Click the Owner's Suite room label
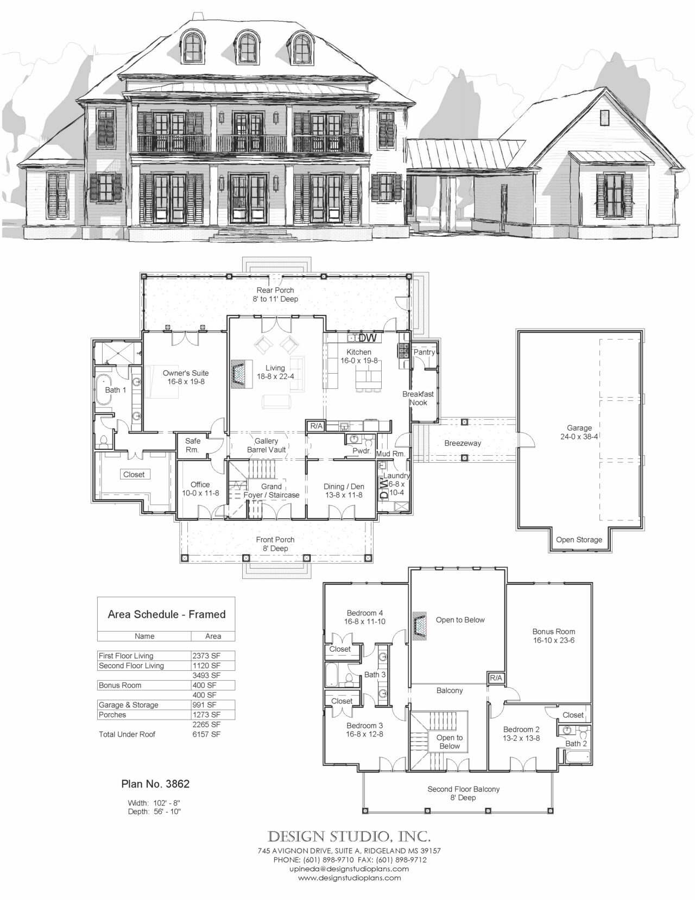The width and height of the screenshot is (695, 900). [186, 377]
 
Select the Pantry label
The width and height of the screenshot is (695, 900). [424, 352]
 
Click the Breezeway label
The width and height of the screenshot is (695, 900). [463, 443]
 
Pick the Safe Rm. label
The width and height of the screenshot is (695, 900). [192, 445]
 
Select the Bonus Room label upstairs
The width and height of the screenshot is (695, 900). [553, 635]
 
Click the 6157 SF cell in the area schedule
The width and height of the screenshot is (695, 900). [206, 734]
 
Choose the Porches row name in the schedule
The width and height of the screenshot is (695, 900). [112, 715]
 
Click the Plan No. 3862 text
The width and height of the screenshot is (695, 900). [155, 784]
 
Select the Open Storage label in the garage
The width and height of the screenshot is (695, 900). [579, 539]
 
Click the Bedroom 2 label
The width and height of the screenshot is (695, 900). [521, 733]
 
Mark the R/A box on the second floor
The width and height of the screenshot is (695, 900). [496, 678]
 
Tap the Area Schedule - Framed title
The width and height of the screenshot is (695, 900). [167, 614]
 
